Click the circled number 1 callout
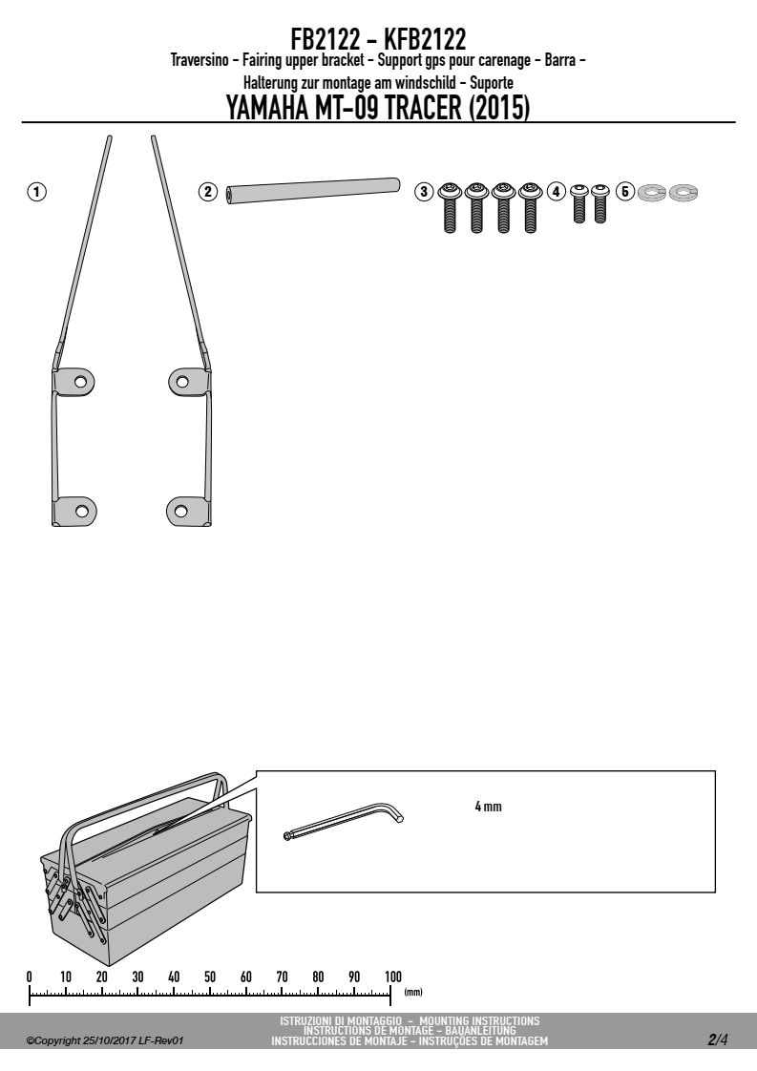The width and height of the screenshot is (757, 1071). [x=36, y=192]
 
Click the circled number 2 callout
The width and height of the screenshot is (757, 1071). [x=208, y=192]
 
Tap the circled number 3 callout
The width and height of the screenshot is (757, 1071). [x=424, y=192]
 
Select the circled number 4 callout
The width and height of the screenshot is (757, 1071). [x=557, y=192]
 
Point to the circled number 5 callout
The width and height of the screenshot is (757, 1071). [x=624, y=192]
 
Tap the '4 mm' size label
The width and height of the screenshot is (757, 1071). [x=488, y=807]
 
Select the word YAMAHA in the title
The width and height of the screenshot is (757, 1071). [x=266, y=109]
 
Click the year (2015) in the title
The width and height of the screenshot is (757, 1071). [x=499, y=109]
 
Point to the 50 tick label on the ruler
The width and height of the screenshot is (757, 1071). [x=210, y=976]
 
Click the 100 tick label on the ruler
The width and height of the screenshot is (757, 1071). [x=393, y=976]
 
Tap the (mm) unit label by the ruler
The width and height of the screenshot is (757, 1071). [x=413, y=992]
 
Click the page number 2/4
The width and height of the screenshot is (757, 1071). [x=718, y=1040]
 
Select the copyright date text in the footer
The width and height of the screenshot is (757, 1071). [x=105, y=1041]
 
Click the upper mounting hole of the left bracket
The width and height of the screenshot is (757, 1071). [x=81, y=380]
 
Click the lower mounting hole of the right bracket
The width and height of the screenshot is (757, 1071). [x=180, y=511]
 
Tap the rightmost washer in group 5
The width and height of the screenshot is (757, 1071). [x=683, y=193]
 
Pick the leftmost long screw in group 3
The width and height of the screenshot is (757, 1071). [x=450, y=207]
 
